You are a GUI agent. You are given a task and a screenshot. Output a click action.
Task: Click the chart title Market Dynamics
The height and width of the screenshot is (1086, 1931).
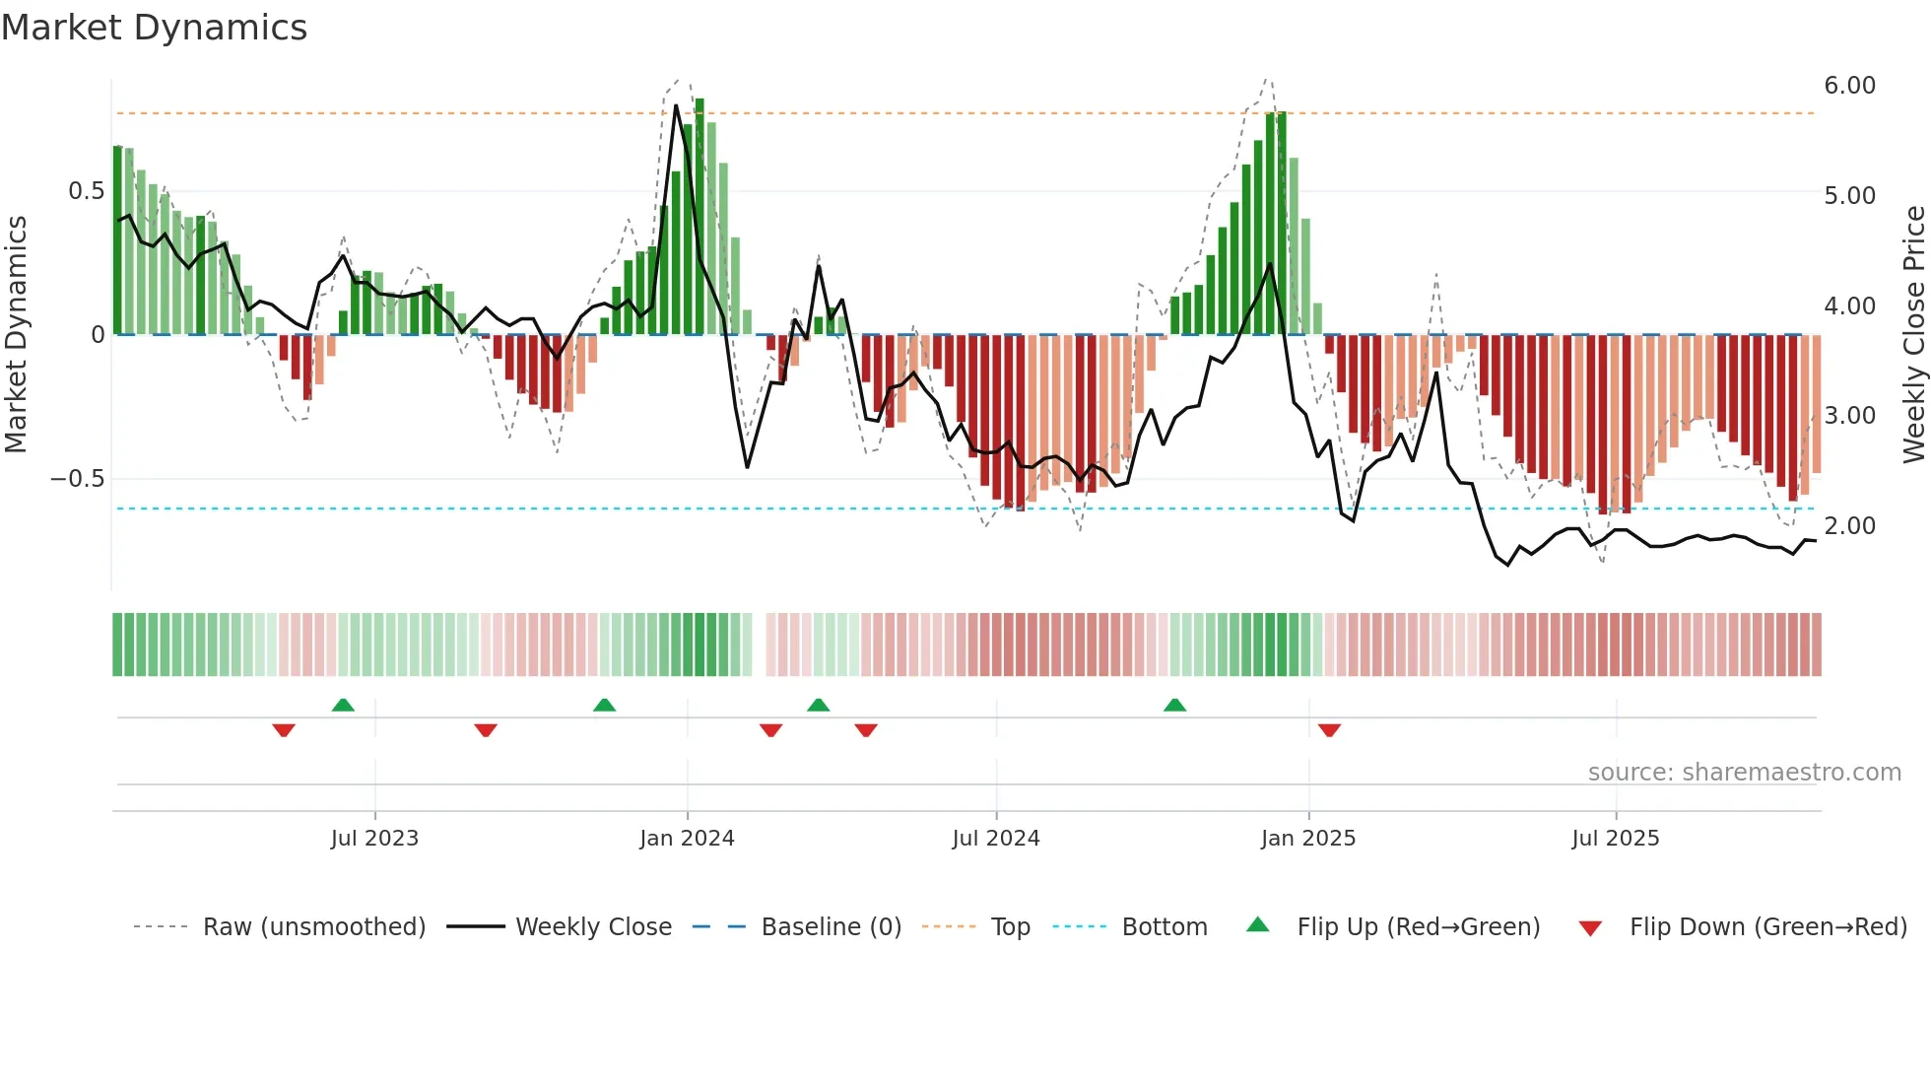tap(155, 28)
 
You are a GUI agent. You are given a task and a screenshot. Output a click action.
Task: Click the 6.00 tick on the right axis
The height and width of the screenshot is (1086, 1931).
tap(1849, 86)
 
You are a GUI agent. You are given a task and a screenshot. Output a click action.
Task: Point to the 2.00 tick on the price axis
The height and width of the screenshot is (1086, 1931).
tap(1849, 526)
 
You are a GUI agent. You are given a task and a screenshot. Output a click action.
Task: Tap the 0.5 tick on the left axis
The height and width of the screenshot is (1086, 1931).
tap(86, 191)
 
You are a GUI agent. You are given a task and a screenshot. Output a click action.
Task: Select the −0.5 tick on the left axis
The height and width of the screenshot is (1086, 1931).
tap(78, 479)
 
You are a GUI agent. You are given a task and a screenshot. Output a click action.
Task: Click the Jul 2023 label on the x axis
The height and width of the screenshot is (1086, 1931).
tap(374, 839)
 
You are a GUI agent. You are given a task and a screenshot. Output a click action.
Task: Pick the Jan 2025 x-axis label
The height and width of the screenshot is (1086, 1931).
tap(1308, 839)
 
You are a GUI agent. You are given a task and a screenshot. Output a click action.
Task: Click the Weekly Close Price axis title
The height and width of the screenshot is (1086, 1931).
tap(1913, 335)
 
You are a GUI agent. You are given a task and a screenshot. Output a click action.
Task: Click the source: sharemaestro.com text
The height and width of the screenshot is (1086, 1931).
tap(1744, 773)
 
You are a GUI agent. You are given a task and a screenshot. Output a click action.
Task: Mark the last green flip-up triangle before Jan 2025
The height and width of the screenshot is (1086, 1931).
tap(1174, 705)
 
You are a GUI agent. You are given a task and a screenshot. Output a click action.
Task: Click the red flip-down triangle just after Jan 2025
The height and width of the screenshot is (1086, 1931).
tap(1329, 730)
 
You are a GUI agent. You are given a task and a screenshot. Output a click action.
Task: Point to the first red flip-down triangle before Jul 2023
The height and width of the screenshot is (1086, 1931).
tap(284, 730)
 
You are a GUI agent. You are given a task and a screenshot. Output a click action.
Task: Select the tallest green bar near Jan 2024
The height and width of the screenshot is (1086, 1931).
tap(699, 217)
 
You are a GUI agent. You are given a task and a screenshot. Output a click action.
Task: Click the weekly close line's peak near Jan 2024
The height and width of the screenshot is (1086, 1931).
tap(676, 106)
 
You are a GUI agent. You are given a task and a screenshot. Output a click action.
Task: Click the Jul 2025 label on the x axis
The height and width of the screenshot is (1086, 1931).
tap(1615, 839)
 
